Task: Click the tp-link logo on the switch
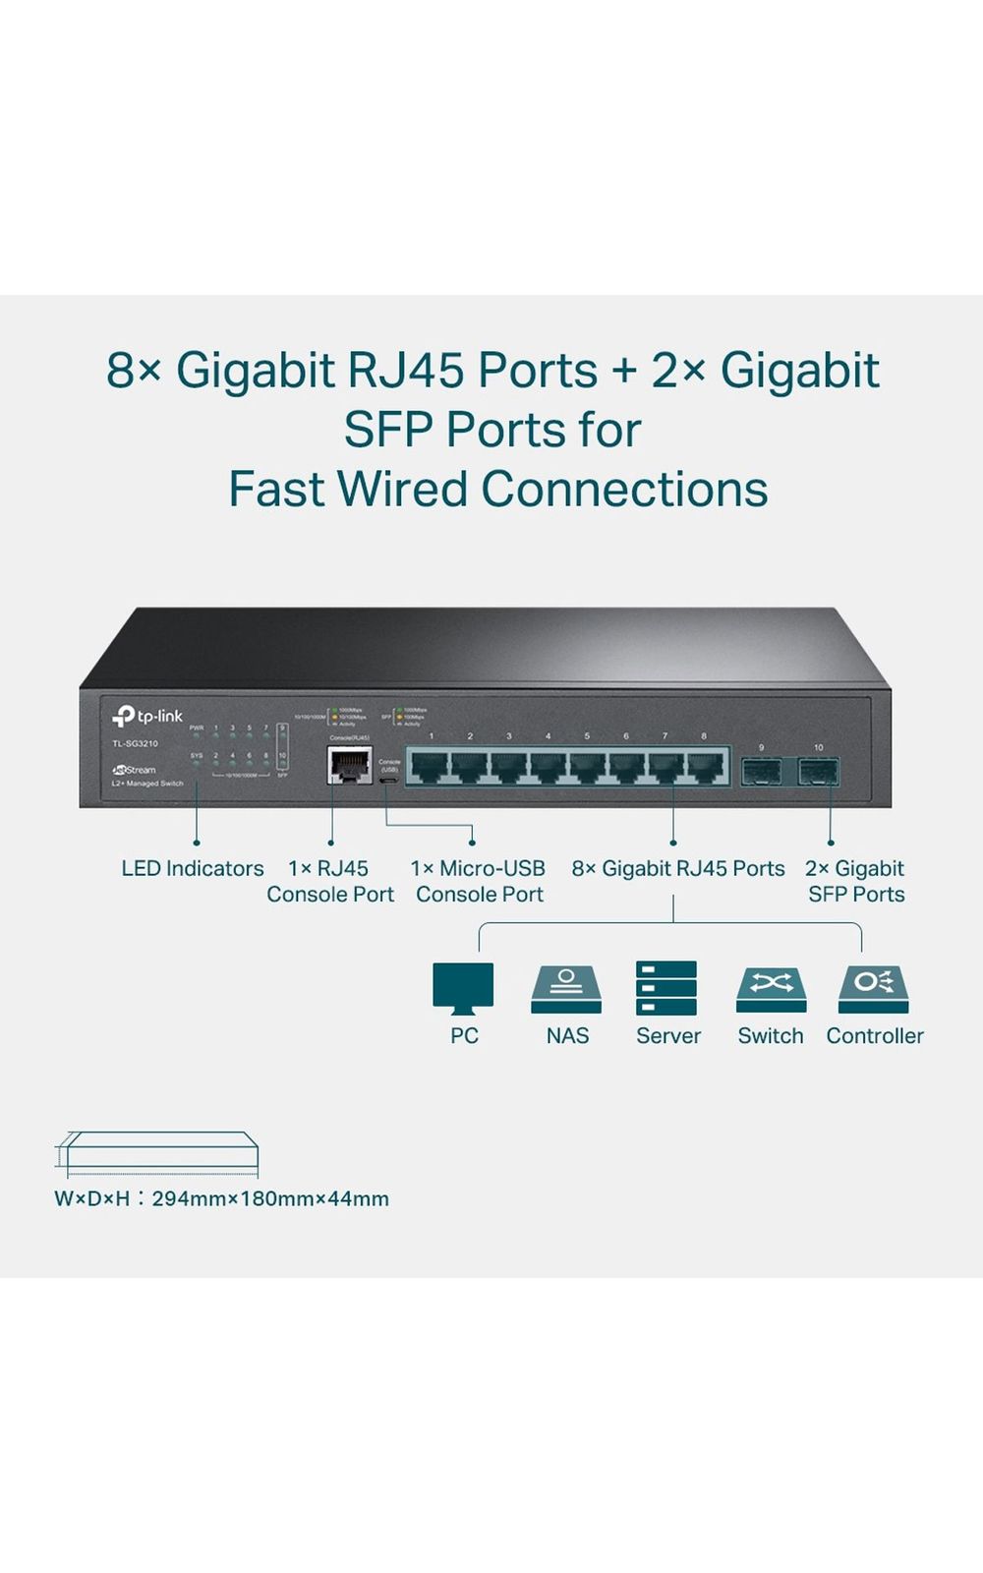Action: pyautogui.click(x=147, y=716)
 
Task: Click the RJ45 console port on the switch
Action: pyautogui.click(x=349, y=765)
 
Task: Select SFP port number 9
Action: pyautogui.click(x=761, y=771)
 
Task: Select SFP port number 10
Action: pyautogui.click(x=818, y=771)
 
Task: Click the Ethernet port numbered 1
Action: pyautogui.click(x=430, y=766)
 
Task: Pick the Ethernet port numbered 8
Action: pyautogui.click(x=704, y=766)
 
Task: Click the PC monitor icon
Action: pyautogui.click(x=463, y=987)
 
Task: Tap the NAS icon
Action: pyautogui.click(x=566, y=989)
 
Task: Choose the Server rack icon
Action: pyautogui.click(x=666, y=988)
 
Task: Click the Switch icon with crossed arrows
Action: pyautogui.click(x=771, y=989)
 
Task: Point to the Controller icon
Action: pyautogui.click(x=873, y=989)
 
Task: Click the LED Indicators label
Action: pyautogui.click(x=193, y=869)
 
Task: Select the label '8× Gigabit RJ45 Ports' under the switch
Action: pyautogui.click(x=678, y=869)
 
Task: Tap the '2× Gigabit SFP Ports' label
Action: pyautogui.click(x=855, y=882)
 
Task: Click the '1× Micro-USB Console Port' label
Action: pyautogui.click(x=479, y=882)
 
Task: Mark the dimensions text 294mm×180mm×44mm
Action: pyautogui.click(x=270, y=1199)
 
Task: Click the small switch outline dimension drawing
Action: pyautogui.click(x=157, y=1152)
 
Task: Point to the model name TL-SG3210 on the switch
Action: pyautogui.click(x=135, y=743)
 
